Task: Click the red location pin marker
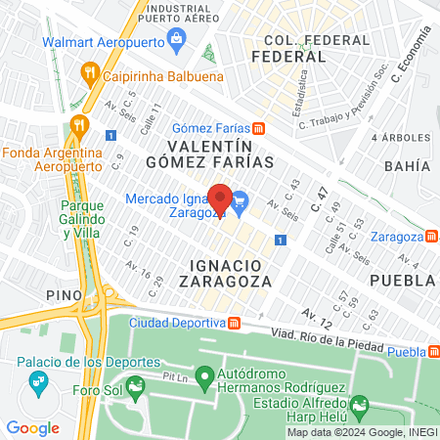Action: click(221, 199)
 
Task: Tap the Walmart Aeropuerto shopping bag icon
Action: click(178, 40)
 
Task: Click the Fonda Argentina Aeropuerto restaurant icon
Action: click(78, 124)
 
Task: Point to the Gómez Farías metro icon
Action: click(258, 128)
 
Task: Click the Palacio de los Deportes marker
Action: click(37, 379)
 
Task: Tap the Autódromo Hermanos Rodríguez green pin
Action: click(204, 375)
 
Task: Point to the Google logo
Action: click(32, 427)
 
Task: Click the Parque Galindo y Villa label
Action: click(62, 221)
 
